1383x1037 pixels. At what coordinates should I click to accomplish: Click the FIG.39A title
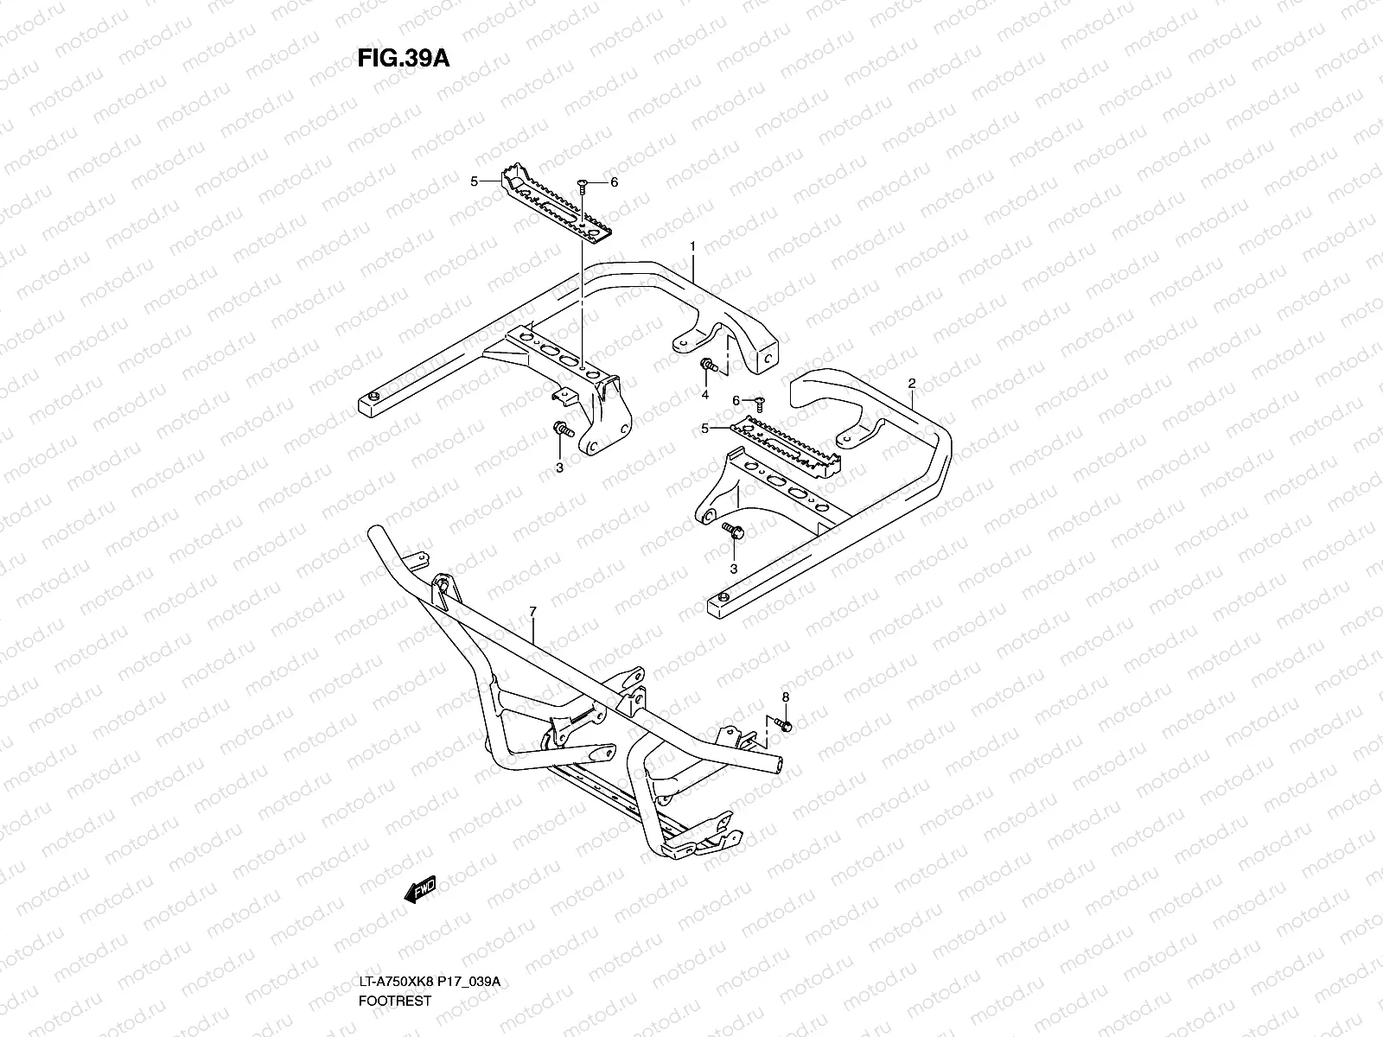tap(403, 58)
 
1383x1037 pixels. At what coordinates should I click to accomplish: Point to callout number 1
tap(693, 246)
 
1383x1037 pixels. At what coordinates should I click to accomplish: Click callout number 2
tap(911, 382)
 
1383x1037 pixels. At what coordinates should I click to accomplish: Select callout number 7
tap(532, 612)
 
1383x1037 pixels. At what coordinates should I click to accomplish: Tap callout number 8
tap(786, 697)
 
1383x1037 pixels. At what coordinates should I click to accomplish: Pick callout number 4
tap(704, 395)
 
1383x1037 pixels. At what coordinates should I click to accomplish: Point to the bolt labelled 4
tap(708, 366)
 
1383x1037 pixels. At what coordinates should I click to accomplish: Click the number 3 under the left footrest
tap(559, 468)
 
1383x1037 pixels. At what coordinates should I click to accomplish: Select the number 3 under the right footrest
tap(734, 569)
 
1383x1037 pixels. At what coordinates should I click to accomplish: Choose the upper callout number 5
tap(474, 181)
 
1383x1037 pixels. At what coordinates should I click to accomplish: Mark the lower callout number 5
tap(704, 428)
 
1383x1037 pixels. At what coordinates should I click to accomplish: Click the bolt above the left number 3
tap(562, 429)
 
